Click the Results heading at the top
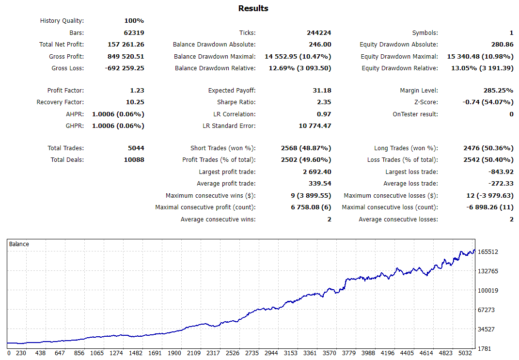[253, 8]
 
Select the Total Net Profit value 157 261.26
[126, 45]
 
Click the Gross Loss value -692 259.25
[125, 68]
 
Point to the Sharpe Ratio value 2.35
[324, 102]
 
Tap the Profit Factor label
[65, 91]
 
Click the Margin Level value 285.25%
[495, 91]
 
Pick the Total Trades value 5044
[135, 148]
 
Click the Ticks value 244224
[319, 33]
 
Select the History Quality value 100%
[134, 21]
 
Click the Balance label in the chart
[19, 244]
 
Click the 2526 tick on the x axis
[233, 354]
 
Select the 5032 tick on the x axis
[465, 354]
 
